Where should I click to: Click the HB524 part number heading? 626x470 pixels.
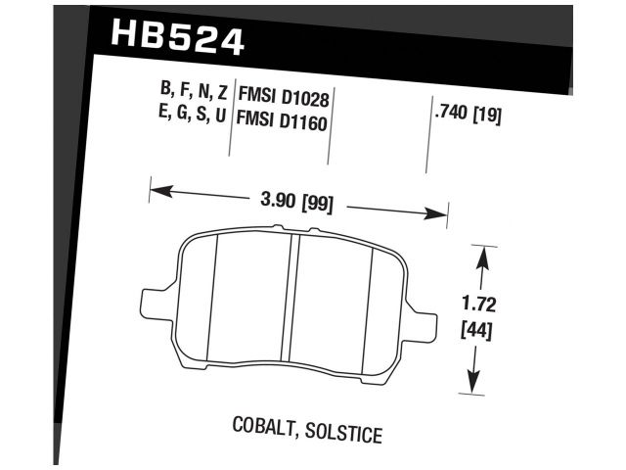click(177, 38)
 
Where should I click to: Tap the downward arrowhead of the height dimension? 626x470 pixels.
click(476, 383)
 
